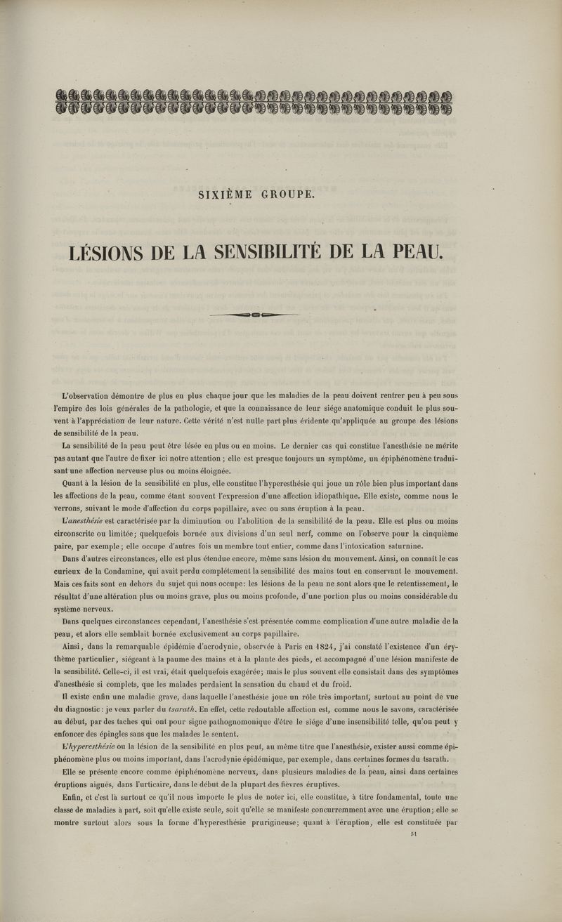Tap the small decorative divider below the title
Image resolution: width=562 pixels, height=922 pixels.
[254, 314]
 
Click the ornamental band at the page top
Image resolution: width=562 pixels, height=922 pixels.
[254, 102]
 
